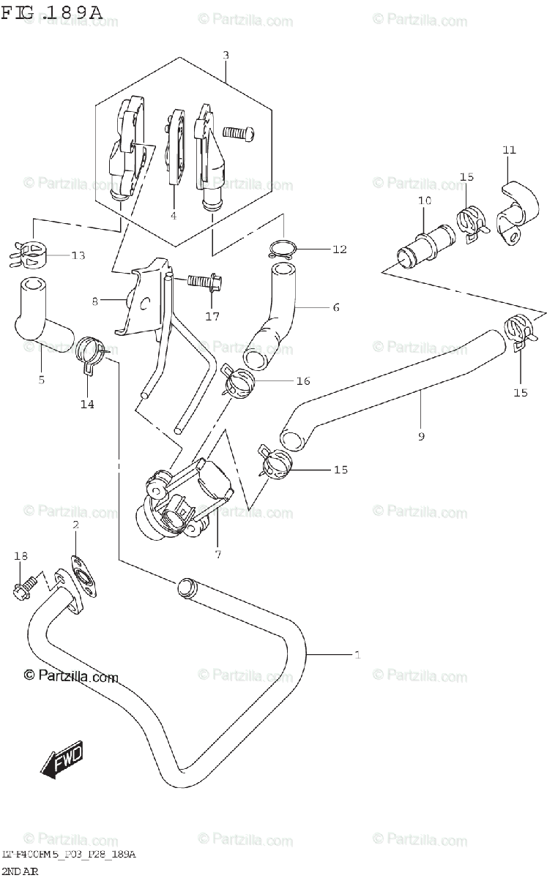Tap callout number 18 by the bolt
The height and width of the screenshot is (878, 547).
click(21, 557)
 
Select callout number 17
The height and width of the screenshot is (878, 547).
click(213, 317)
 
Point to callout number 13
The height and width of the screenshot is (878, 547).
click(78, 255)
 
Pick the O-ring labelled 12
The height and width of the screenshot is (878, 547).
click(280, 248)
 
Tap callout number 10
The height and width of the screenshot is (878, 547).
click(425, 200)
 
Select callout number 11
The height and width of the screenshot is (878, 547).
click(509, 150)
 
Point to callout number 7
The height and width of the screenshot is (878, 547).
click(217, 554)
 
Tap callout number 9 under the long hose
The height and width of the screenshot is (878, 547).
click(421, 437)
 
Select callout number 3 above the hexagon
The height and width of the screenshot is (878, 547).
click(226, 55)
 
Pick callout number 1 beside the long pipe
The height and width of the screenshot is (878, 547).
click(357, 655)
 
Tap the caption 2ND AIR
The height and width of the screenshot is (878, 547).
click(20, 871)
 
